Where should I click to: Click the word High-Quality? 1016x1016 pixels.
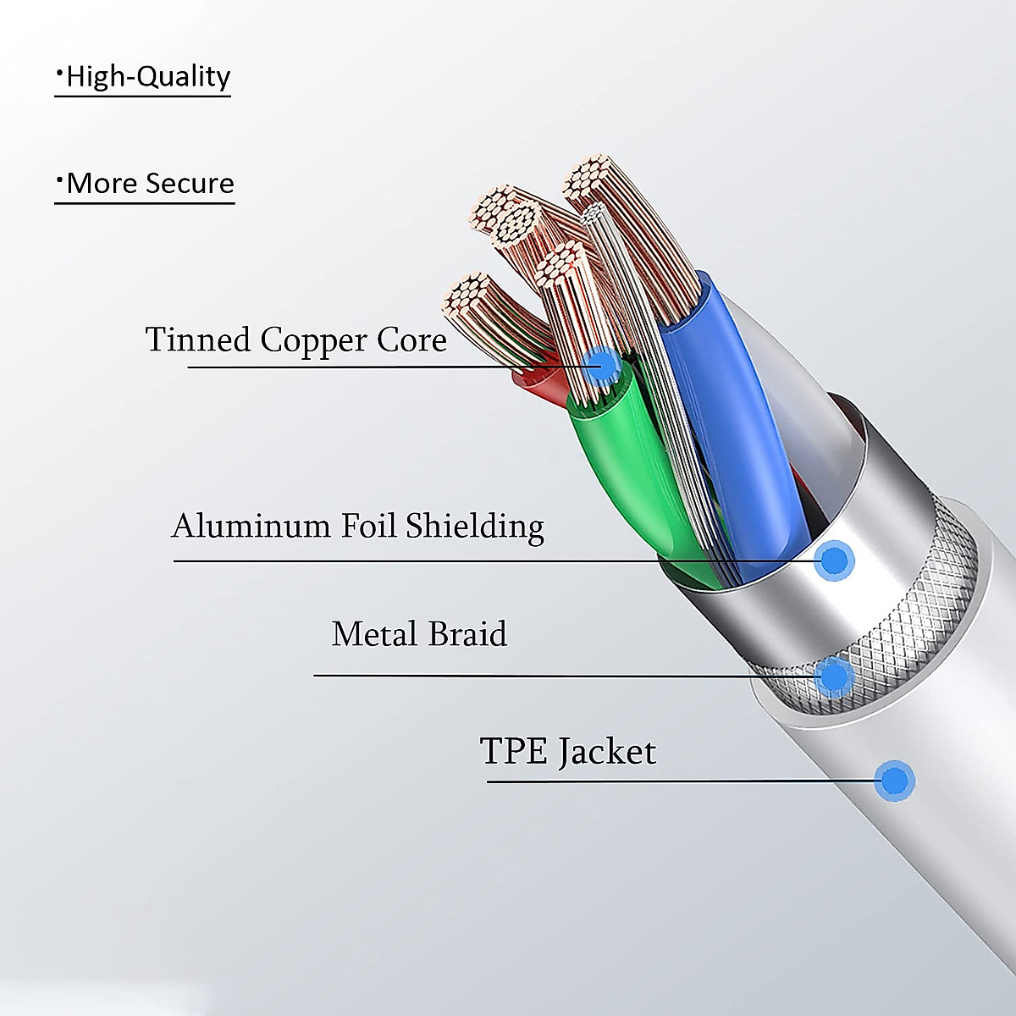147,76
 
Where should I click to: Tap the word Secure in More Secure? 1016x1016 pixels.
191,183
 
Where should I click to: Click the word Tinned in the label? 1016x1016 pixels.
198,340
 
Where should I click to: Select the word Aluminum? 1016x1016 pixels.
251,526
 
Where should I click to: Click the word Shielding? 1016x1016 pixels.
475,527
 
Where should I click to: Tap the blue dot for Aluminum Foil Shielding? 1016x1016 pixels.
835,560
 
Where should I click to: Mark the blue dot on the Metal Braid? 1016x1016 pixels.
835,675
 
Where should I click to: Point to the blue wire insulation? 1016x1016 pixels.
745,423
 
